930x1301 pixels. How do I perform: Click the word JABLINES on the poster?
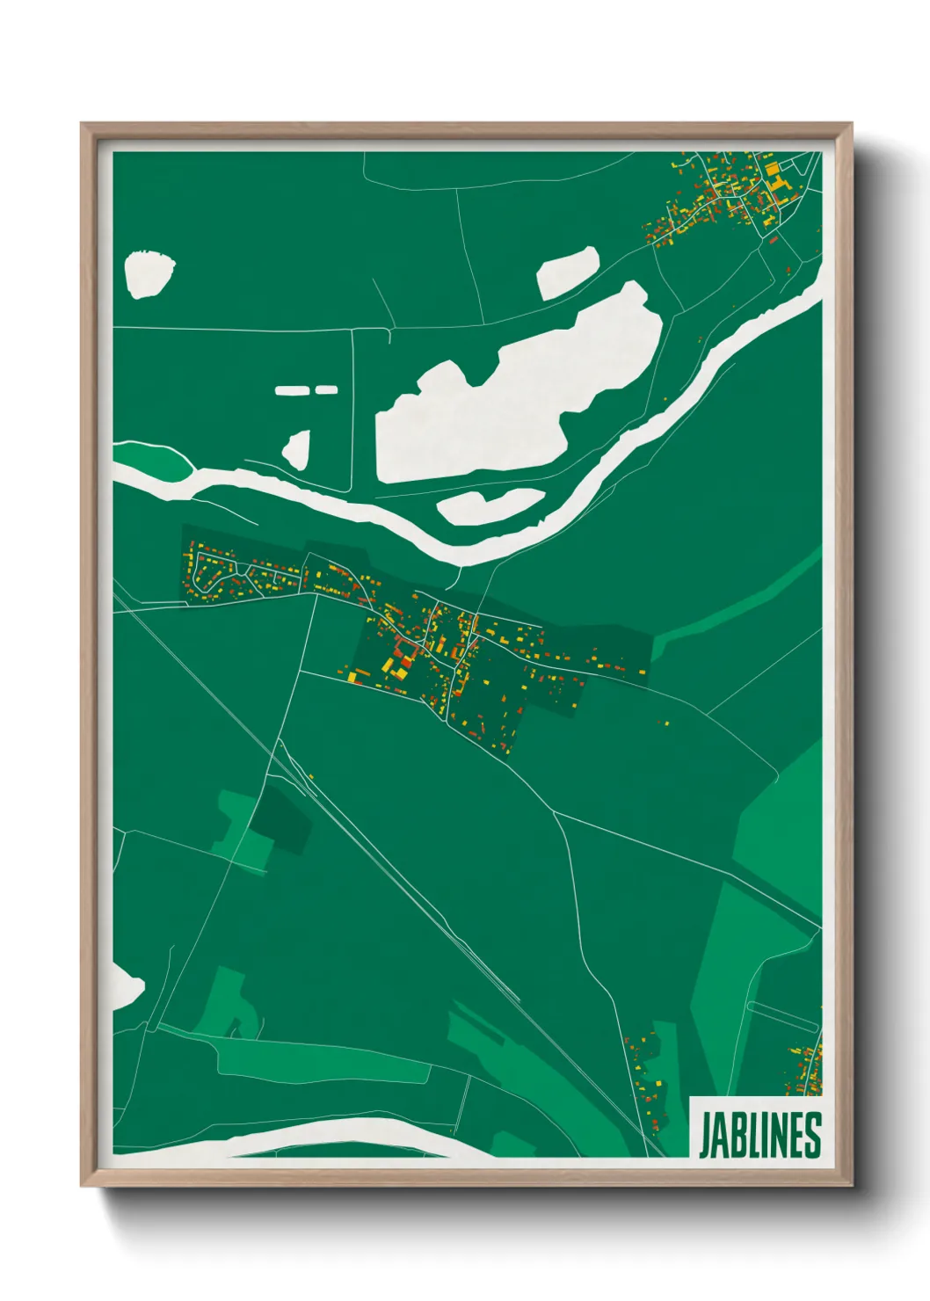760,1135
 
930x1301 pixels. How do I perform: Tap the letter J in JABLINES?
705,1135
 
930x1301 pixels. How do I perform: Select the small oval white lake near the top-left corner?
148,273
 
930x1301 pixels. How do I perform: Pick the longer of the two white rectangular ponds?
294,389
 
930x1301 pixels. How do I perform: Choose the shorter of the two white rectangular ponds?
326,389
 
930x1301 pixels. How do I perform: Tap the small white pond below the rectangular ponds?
297,449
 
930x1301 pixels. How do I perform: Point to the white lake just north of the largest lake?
568,272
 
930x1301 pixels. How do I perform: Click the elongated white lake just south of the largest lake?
490,506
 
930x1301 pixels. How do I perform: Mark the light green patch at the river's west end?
151,460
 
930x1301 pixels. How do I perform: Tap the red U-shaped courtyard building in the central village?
405,651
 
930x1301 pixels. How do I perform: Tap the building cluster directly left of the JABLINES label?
649,1068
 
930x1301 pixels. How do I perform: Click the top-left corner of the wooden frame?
84,126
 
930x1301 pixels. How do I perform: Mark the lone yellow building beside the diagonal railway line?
310,776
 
